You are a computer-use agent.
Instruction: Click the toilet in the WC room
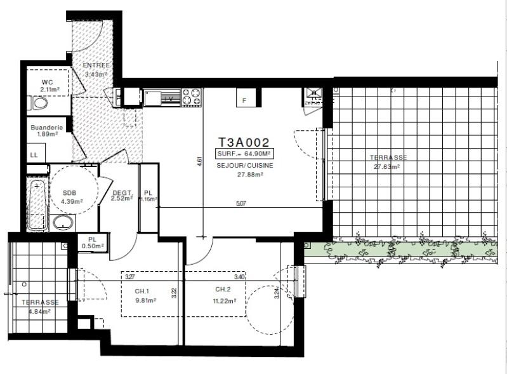(x=40, y=103)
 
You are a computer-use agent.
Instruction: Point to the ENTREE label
(x=96, y=65)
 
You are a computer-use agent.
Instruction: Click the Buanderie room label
(x=47, y=127)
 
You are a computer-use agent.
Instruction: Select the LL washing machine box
(x=34, y=154)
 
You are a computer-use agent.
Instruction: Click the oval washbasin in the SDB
(x=62, y=223)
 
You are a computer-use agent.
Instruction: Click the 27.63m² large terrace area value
(x=386, y=168)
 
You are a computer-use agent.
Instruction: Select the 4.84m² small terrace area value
(x=39, y=311)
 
